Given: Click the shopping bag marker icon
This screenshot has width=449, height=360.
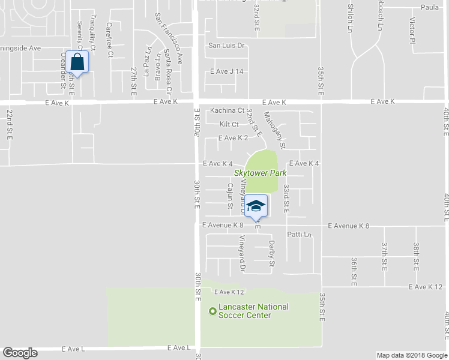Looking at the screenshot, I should click(x=78, y=61).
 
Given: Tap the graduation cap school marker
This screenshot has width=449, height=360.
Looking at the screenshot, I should click(x=256, y=205).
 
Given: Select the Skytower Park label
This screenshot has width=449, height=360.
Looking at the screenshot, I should click(x=260, y=173).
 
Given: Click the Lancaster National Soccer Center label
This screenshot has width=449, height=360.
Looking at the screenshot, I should click(x=253, y=311).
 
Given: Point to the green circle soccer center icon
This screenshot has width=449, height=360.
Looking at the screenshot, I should click(x=212, y=311).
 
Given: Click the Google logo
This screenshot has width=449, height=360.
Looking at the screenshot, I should click(x=20, y=353).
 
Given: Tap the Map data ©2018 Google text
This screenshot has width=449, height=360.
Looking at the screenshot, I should click(x=412, y=355).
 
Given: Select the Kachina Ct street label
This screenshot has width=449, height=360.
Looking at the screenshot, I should click(x=228, y=110).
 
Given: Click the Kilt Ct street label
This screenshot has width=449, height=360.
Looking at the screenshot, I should click(x=229, y=124).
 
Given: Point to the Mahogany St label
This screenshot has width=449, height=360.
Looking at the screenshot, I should click(x=274, y=132).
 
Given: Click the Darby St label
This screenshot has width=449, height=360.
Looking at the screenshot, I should click(x=272, y=253).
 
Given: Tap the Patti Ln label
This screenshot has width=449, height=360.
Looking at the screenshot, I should click(x=301, y=234).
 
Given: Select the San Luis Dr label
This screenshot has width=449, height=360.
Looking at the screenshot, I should click(x=227, y=45).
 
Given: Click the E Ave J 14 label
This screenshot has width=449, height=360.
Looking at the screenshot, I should click(x=227, y=71).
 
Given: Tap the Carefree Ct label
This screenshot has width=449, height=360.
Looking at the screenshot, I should click(x=110, y=40).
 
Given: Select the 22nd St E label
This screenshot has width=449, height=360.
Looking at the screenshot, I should click(x=10, y=124).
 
